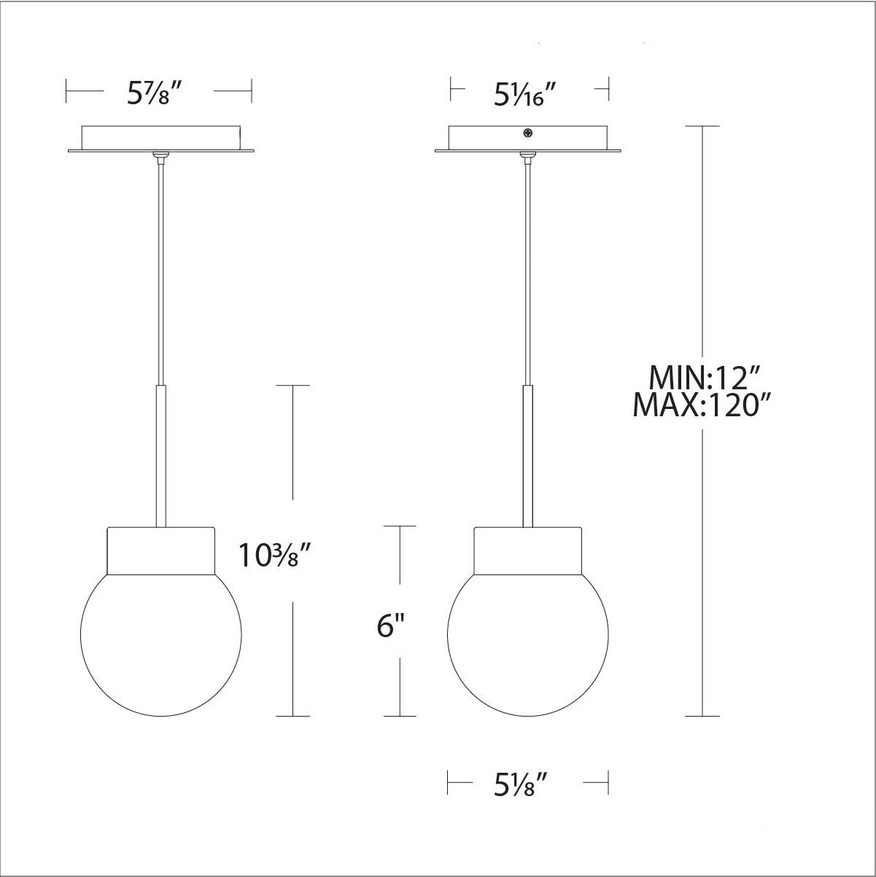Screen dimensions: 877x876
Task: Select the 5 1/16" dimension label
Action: point(527,93)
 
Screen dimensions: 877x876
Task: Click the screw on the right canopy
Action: point(527,133)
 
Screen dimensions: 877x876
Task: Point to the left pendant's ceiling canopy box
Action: point(160,138)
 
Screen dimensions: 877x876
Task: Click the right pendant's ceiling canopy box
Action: point(527,138)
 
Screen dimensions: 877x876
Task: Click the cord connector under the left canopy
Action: point(160,155)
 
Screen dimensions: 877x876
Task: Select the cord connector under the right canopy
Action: point(527,155)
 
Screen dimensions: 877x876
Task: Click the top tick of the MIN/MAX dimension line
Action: point(702,126)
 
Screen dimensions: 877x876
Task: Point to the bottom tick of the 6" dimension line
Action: point(400,716)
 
